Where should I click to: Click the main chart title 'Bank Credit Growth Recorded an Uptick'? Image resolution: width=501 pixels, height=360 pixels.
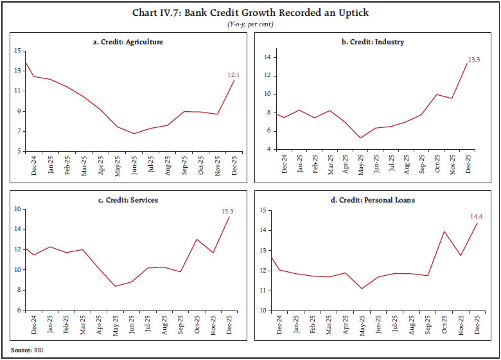click(250, 13)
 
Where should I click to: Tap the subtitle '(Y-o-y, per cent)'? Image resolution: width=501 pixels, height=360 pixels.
click(250, 23)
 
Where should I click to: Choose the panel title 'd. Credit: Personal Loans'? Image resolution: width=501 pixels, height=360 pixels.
click(373, 200)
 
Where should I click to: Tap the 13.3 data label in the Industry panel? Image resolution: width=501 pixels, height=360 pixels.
click(474, 59)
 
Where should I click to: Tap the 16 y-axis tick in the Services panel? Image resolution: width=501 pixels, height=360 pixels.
click(18, 209)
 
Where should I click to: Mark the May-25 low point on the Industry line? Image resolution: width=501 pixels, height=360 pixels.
click(360, 138)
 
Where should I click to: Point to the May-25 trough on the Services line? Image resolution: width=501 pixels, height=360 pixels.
click(116, 286)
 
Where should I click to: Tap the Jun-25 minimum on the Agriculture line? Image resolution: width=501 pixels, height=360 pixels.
click(133, 134)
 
